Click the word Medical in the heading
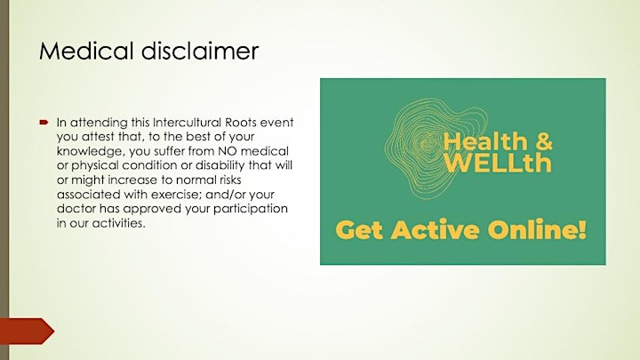(86, 51)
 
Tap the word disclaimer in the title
(200, 51)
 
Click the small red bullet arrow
(44, 122)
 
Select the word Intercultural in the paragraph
(187, 123)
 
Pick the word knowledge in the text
(90, 152)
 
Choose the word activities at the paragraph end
(118, 223)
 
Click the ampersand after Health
(543, 141)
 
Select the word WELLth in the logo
(498, 163)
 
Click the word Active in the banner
(435, 229)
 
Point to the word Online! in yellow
(537, 229)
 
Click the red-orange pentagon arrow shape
(27, 331)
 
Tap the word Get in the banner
(360, 230)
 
